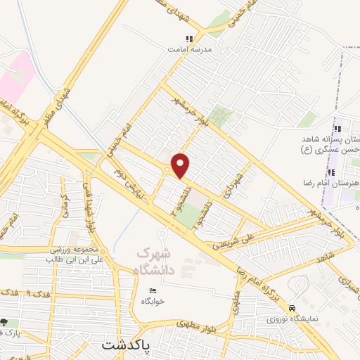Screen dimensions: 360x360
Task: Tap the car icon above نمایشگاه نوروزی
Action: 292,308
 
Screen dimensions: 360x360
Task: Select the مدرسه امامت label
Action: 189,50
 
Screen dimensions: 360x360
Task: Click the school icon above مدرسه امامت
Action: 188,39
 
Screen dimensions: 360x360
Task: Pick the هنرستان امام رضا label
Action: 334,184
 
